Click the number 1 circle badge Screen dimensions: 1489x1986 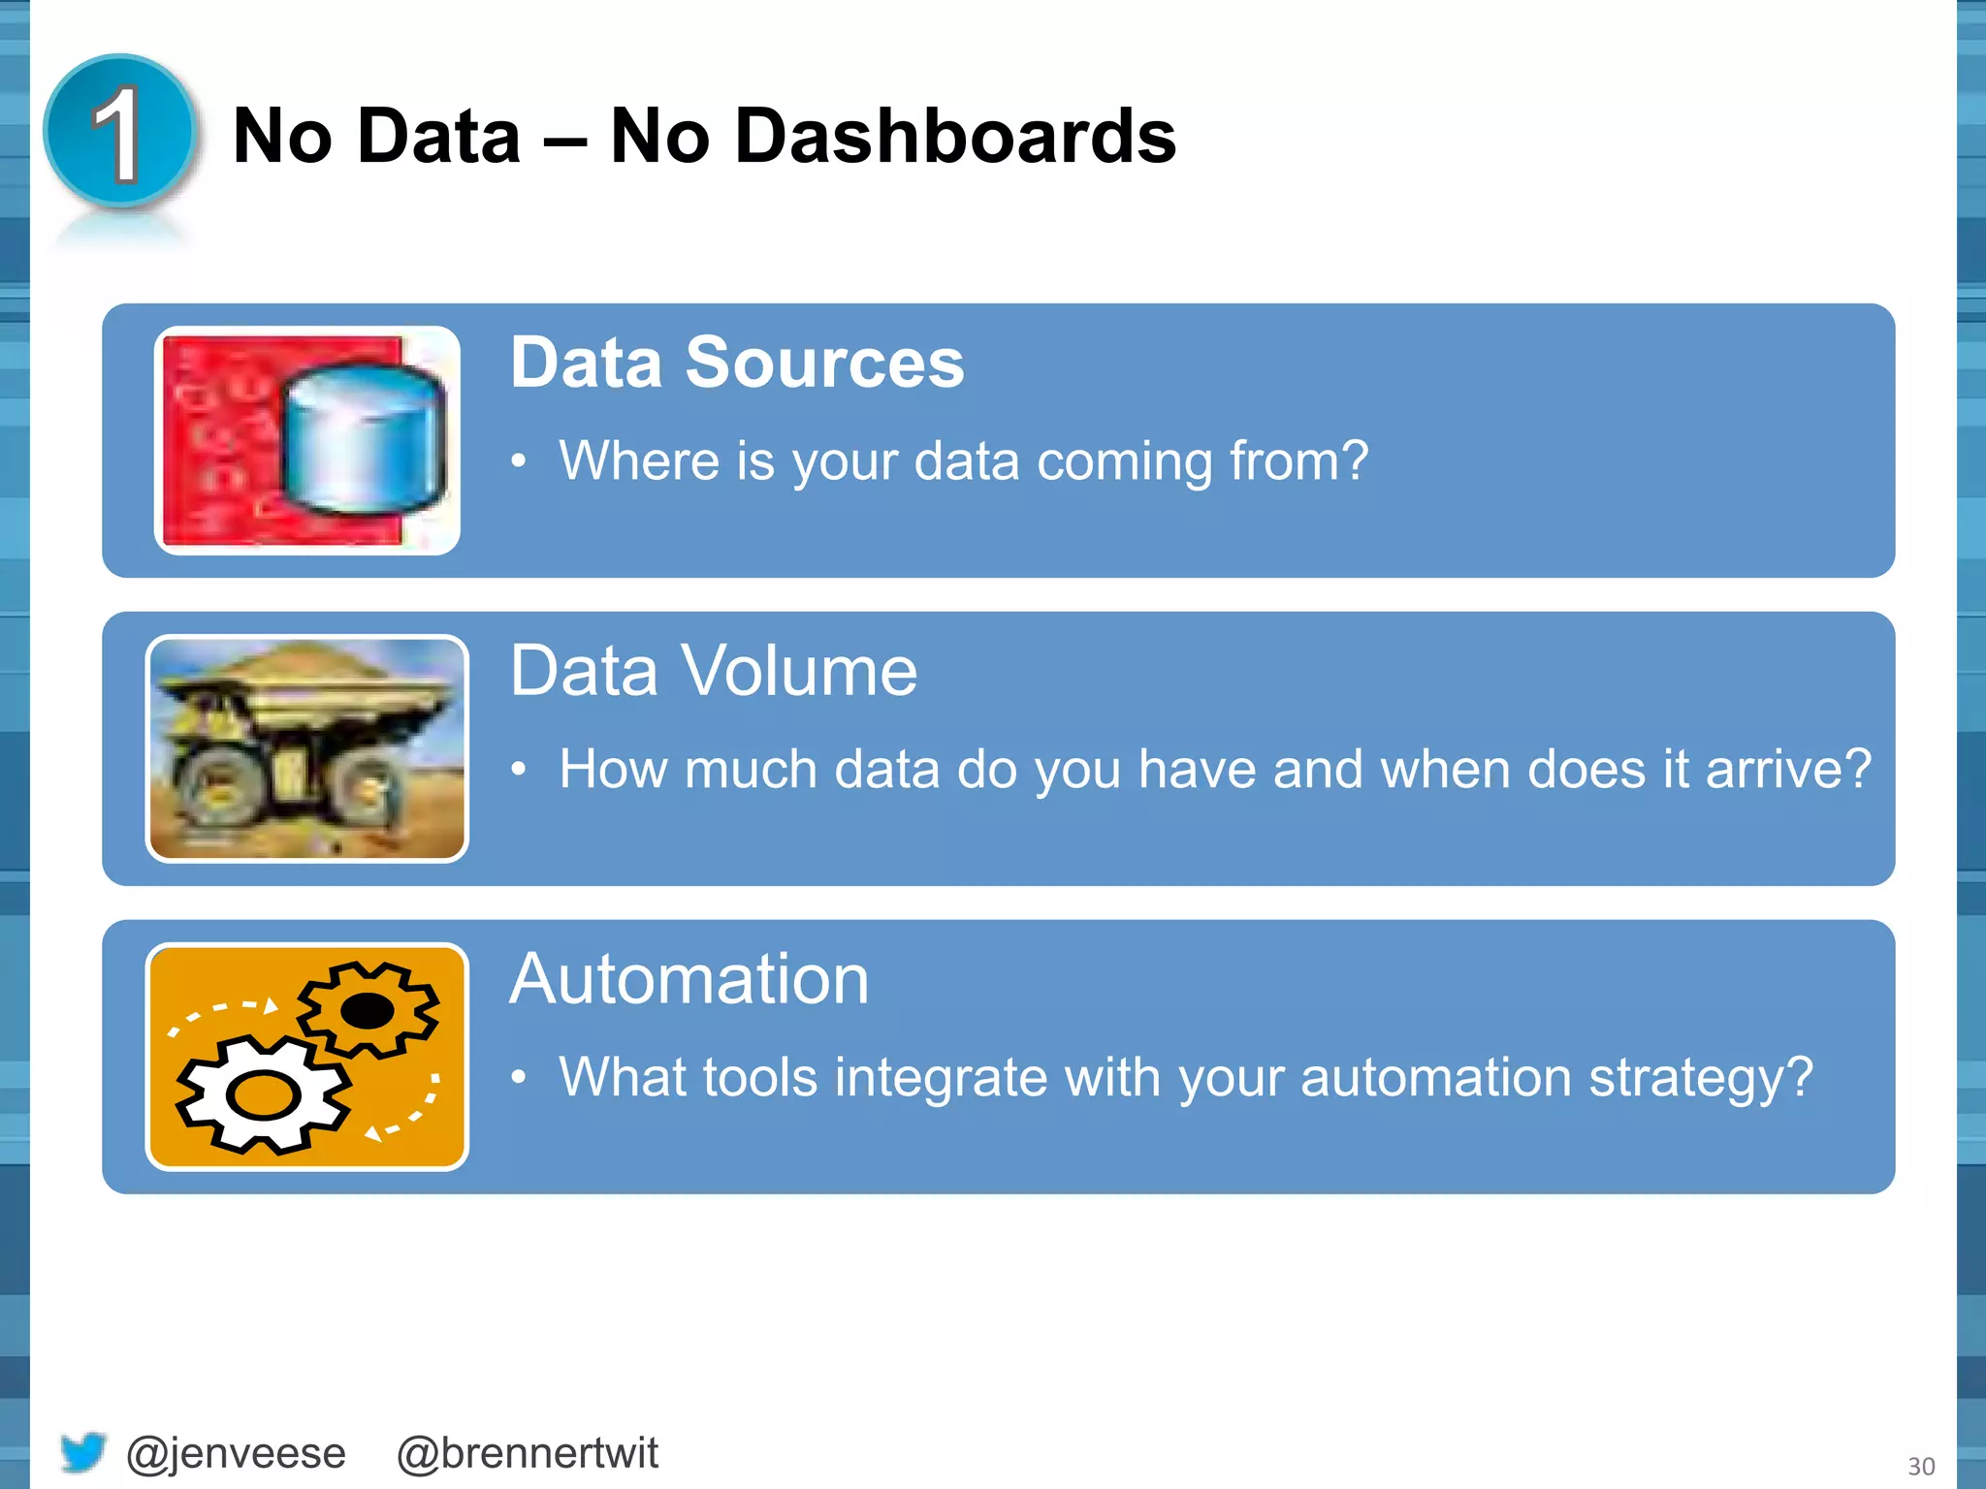click(x=120, y=133)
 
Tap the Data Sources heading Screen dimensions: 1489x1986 click(x=737, y=363)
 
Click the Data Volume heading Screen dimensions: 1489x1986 click(x=713, y=671)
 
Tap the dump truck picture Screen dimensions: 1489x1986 click(x=306, y=748)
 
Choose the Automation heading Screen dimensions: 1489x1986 click(x=689, y=979)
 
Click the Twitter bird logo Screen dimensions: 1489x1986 click(x=82, y=1452)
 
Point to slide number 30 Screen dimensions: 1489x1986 click(x=1920, y=1466)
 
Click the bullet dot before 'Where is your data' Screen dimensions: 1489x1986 click(x=520, y=462)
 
